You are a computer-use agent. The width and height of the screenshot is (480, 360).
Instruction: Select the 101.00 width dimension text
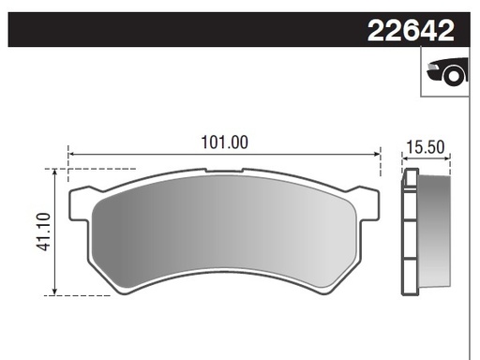coord(225,142)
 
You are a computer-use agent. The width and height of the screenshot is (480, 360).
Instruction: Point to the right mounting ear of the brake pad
coord(367,202)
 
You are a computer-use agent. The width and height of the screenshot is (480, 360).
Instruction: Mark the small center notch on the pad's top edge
coord(224,171)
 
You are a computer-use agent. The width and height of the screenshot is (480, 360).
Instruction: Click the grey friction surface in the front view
coord(225,230)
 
